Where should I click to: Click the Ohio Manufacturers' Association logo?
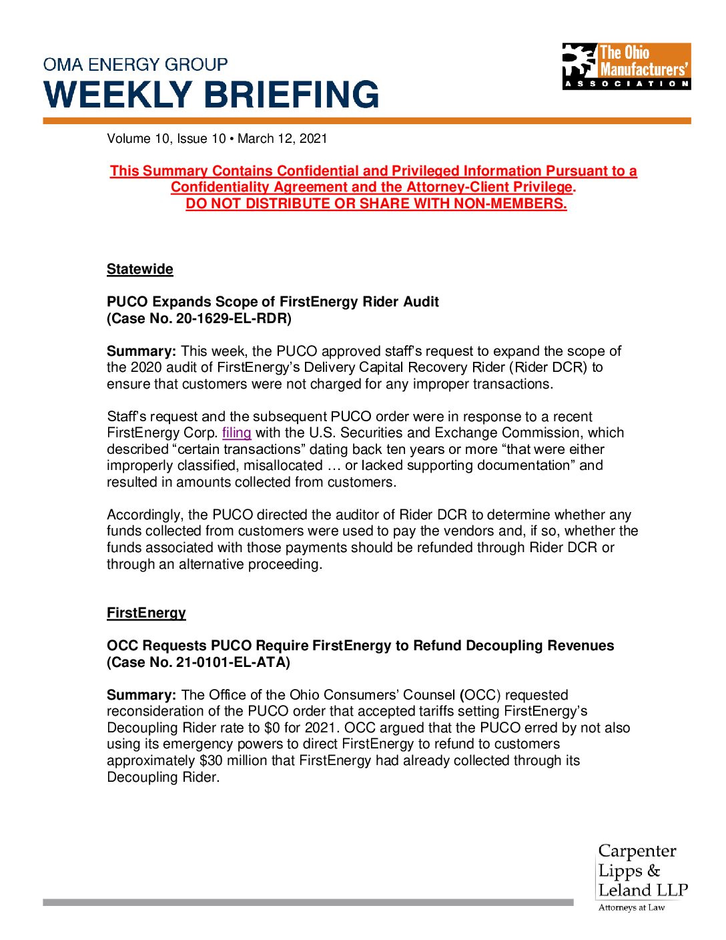tap(626, 66)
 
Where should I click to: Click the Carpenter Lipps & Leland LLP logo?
tap(642, 871)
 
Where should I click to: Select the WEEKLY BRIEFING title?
tap(211, 95)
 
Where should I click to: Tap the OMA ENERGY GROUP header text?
tap(135, 65)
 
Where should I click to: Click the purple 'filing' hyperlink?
tap(236, 433)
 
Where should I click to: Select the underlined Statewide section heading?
tap(140, 269)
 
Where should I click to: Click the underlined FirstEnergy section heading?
tap(146, 613)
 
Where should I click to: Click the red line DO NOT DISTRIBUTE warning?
tap(376, 204)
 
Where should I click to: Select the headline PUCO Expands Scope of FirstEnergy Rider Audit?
tap(272, 302)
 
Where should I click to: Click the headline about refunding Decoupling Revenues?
tap(360, 646)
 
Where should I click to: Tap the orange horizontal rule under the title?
tap(367, 121)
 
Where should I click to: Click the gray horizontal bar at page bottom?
tap(308, 902)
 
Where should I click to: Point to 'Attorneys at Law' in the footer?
tap(631, 907)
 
